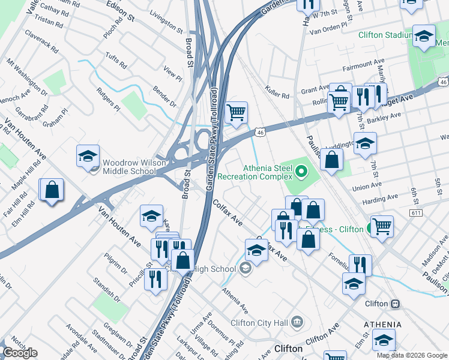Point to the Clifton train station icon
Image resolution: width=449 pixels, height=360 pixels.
pyautogui.click(x=395, y=304)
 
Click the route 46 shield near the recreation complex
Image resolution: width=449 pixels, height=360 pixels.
pyautogui.click(x=259, y=131)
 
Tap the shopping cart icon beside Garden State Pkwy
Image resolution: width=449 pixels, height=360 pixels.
pyautogui.click(x=237, y=112)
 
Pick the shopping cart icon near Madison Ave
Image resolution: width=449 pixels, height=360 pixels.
pyautogui.click(x=382, y=227)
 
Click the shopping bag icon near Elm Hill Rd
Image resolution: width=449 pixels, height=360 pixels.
pyautogui.click(x=52, y=190)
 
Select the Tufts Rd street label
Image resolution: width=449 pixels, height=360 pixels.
pyautogui.click(x=116, y=61)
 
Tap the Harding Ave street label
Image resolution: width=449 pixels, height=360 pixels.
pyautogui.click(x=384, y=197)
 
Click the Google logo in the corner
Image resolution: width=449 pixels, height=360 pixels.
pyautogui.click(x=20, y=353)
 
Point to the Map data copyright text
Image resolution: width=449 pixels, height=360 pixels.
pyautogui.click(x=411, y=355)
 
